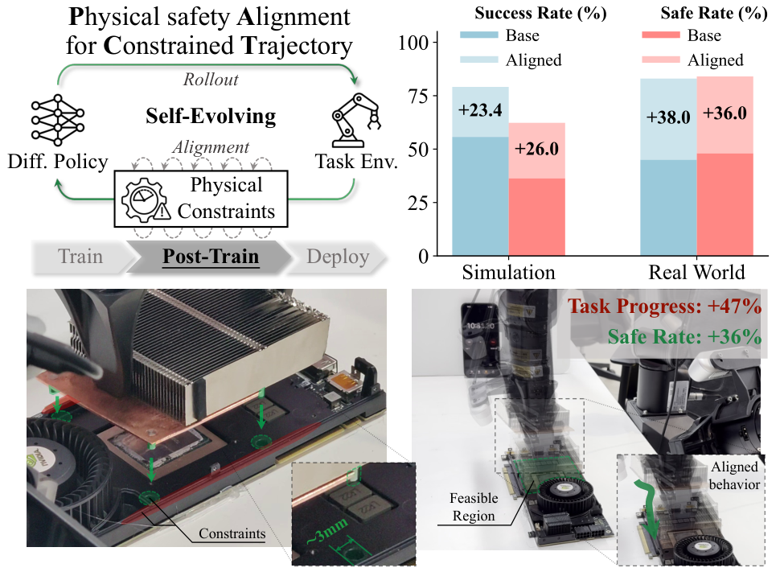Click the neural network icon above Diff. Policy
(58, 120)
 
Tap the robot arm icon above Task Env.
(356, 120)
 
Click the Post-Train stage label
(211, 257)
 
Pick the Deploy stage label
(338, 257)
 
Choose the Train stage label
(80, 257)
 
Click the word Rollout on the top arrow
(211, 79)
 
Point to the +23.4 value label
(480, 110)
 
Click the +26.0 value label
(536, 149)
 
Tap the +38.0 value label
(668, 117)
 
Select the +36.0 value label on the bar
(725, 113)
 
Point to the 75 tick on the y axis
(418, 96)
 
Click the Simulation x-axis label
(508, 272)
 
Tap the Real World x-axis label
(696, 272)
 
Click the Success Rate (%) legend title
(540, 13)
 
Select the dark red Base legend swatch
(661, 35)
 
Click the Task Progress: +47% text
(665, 307)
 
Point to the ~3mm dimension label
(326, 532)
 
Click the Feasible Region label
(474, 507)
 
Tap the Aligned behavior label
(734, 475)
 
